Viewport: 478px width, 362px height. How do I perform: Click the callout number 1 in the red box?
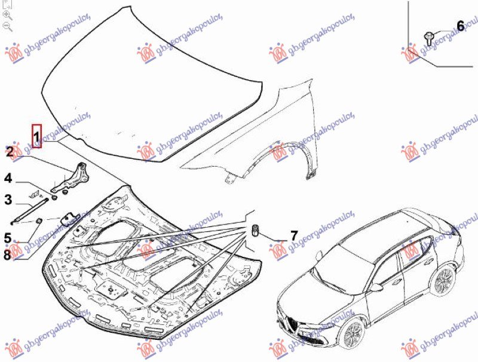[x=36, y=137]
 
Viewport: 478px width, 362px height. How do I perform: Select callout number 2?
[x=9, y=152]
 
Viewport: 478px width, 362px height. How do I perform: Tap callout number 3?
[x=8, y=200]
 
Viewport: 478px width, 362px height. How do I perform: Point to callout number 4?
[x=8, y=178]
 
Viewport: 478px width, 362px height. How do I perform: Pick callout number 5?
[x=8, y=238]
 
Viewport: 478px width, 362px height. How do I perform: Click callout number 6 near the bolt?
[x=460, y=26]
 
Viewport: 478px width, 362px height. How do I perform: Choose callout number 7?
[x=293, y=235]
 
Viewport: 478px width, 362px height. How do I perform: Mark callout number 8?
[x=8, y=254]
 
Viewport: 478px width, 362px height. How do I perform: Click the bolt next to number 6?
[x=428, y=38]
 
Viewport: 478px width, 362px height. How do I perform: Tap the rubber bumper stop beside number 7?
[x=255, y=230]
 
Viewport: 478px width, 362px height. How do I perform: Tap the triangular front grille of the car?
[x=293, y=325]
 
